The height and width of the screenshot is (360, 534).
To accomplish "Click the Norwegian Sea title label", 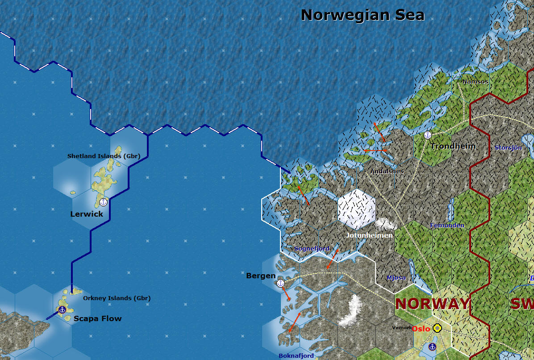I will click(x=363, y=15).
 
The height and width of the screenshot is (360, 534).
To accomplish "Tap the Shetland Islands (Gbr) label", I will click(x=104, y=156).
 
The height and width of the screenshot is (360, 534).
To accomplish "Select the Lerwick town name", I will click(x=87, y=214).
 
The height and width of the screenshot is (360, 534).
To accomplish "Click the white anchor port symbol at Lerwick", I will click(x=103, y=202).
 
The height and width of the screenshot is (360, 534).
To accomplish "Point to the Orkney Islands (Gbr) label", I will click(x=117, y=298).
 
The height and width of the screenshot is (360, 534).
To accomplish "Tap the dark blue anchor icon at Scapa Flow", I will click(x=62, y=309).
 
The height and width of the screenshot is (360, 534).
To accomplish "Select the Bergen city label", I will click(x=261, y=276).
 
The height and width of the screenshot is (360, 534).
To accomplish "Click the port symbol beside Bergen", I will click(x=281, y=283).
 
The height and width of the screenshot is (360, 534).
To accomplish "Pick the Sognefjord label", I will click(x=312, y=248).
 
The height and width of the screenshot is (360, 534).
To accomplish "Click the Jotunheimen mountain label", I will click(x=369, y=235).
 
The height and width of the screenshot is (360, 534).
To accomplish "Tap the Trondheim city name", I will click(x=453, y=146).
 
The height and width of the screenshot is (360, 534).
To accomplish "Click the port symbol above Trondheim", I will click(x=427, y=135).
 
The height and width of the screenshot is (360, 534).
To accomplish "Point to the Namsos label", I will click(x=475, y=82).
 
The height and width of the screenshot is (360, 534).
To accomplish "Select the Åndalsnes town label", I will click(x=387, y=171).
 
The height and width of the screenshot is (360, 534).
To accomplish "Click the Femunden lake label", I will click(x=447, y=226).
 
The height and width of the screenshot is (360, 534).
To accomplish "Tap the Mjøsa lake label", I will click(x=396, y=277).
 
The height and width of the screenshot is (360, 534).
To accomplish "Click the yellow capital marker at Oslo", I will click(x=438, y=328).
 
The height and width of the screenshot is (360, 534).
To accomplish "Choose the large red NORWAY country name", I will click(x=432, y=304).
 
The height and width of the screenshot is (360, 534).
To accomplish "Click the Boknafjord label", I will click(x=296, y=356).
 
